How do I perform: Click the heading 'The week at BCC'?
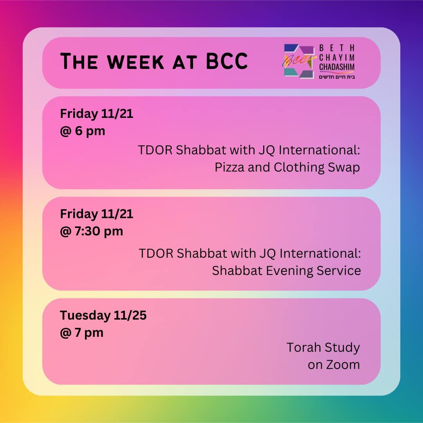pos(154,61)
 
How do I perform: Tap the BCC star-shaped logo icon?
pos(299,61)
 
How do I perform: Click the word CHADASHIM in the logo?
pos(337,67)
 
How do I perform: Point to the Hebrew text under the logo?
pos(337,76)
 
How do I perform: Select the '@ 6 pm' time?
pos(83,131)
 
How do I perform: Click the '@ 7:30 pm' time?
pos(92,231)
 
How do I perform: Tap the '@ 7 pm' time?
pos(82,333)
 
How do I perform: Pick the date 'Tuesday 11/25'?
pos(103,315)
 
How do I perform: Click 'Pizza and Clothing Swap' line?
pos(287,167)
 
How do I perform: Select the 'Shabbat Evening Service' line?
pos(286,270)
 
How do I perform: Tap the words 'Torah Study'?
pos(323,347)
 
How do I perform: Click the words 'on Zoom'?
pos(334,364)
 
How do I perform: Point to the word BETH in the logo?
pos(337,48)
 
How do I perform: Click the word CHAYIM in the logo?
pos(337,58)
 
